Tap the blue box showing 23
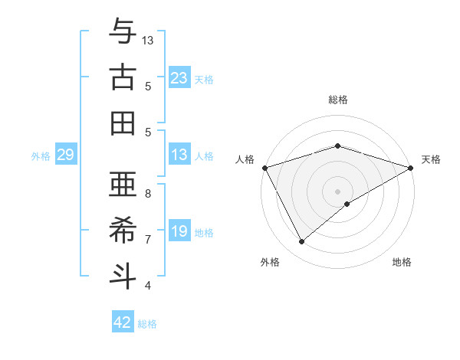click(x=179, y=78)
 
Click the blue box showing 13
click(x=179, y=155)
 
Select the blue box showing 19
click(x=179, y=232)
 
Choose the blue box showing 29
click(x=65, y=155)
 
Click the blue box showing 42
click(x=123, y=322)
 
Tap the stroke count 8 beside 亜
click(x=148, y=193)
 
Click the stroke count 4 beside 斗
click(x=148, y=286)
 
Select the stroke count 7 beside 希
click(x=148, y=239)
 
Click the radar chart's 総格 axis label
click(x=337, y=100)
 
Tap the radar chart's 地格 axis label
click(x=402, y=262)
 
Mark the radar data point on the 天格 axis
click(x=411, y=168)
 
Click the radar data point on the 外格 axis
click(x=302, y=242)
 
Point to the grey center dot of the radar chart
click(x=337, y=191)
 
